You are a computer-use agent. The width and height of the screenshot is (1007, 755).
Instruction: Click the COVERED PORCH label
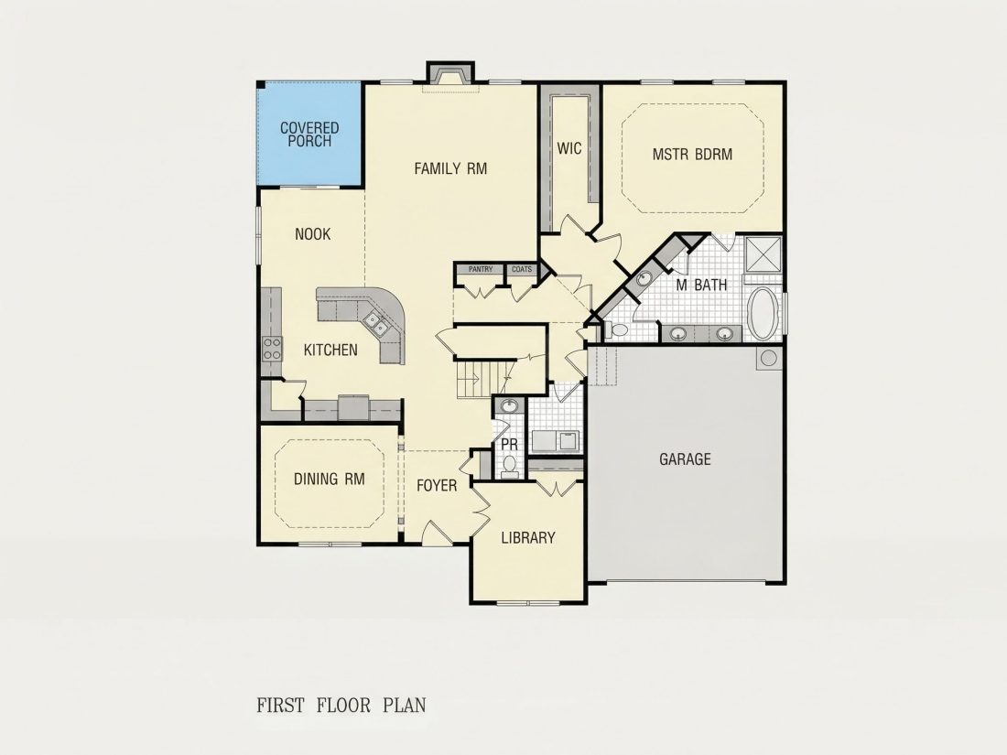pos(309,135)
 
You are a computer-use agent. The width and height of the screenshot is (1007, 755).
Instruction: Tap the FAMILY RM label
pos(450,169)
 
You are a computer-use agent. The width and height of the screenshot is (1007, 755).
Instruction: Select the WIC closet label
pos(569,149)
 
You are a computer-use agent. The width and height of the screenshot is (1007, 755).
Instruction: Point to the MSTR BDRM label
pos(692,155)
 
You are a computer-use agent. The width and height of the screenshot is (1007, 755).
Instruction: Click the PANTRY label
pos(481,269)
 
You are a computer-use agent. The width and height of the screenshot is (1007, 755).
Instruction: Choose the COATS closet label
pos(522,269)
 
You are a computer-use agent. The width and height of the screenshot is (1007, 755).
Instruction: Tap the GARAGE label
pos(686,459)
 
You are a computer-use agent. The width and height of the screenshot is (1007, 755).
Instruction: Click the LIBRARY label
pos(528,538)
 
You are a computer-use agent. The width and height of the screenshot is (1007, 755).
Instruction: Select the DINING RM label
pos(330,479)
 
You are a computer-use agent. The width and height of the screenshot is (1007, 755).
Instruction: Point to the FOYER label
pos(437,486)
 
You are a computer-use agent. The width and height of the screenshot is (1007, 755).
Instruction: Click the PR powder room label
pos(509,444)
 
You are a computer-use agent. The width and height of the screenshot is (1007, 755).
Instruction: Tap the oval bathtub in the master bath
pos(763,314)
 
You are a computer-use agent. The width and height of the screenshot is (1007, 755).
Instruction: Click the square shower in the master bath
pos(763,255)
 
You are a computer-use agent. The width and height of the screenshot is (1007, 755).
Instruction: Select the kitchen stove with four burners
pos(272,349)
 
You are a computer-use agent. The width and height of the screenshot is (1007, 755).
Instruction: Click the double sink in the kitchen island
pos(375,323)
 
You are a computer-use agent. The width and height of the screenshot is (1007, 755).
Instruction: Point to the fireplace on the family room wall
pos(450,72)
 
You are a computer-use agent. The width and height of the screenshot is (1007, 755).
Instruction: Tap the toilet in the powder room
pos(510,466)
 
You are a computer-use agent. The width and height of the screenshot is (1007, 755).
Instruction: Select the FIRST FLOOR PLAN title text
pos(341,705)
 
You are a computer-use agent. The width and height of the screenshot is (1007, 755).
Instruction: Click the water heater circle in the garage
pos(769,358)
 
